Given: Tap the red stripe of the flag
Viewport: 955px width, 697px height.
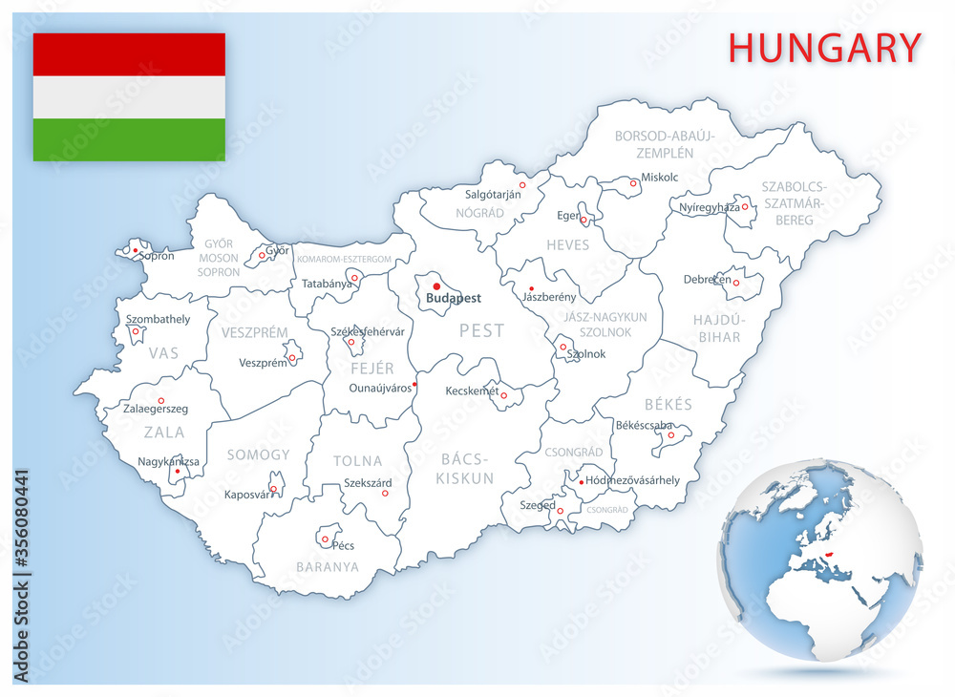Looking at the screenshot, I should (x=129, y=54).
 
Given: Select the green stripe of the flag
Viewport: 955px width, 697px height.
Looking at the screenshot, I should (x=129, y=139).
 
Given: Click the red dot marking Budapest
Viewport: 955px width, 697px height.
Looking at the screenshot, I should (x=436, y=285).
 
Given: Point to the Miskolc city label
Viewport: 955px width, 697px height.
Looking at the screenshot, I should (x=659, y=177).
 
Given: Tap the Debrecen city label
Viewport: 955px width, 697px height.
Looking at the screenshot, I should (x=708, y=280).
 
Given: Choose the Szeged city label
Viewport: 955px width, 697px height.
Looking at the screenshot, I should (x=539, y=505).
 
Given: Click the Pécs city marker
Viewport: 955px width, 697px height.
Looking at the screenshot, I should (x=326, y=539).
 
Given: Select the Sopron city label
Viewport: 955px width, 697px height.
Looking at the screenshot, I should (x=157, y=256).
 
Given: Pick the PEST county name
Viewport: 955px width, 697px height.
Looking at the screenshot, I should (x=481, y=331).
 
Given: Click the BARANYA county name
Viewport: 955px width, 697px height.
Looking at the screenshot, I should (x=328, y=566).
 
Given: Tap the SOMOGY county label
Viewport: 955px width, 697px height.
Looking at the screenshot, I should (x=258, y=455).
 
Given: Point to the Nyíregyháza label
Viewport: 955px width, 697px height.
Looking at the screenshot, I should (x=709, y=207).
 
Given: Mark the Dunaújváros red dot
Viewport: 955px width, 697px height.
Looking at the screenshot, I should (x=414, y=386).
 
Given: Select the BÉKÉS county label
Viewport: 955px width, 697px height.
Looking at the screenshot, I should (x=668, y=405).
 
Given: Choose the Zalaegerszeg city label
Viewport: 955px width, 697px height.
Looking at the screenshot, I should (x=156, y=409).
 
